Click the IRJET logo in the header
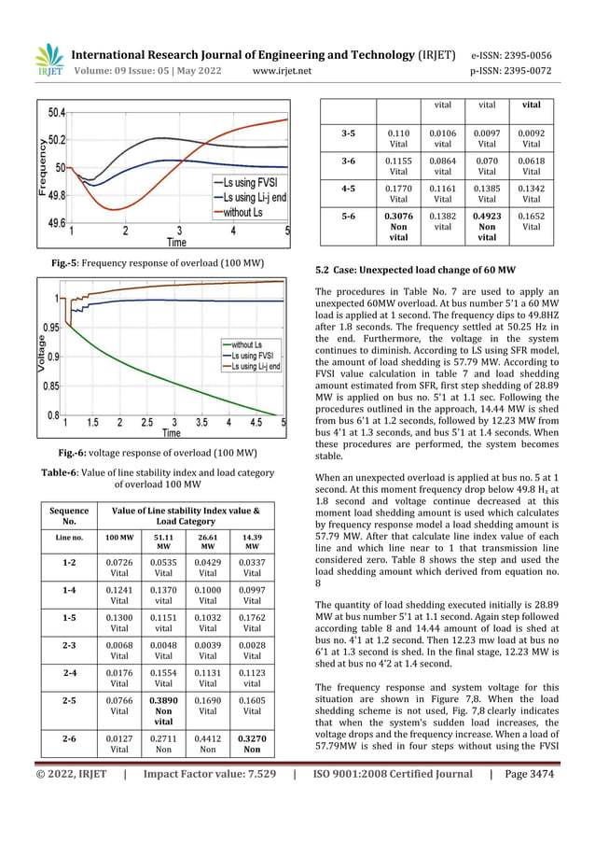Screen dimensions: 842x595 tap(48, 61)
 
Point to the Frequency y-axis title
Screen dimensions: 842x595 tap(41, 167)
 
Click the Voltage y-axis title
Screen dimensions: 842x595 tap(42, 354)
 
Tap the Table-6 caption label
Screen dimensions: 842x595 tap(66, 471)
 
